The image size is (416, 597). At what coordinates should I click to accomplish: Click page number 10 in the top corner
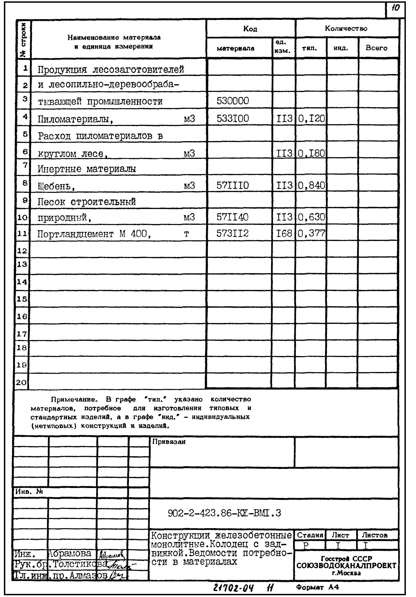pyautogui.click(x=395, y=8)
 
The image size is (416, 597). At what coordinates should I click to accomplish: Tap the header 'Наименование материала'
pyautogui.click(x=114, y=38)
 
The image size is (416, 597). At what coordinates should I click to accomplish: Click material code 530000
pyautogui.click(x=233, y=101)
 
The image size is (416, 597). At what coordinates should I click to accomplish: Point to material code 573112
pyautogui.click(x=232, y=234)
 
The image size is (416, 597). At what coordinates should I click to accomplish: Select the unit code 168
pyautogui.click(x=284, y=234)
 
